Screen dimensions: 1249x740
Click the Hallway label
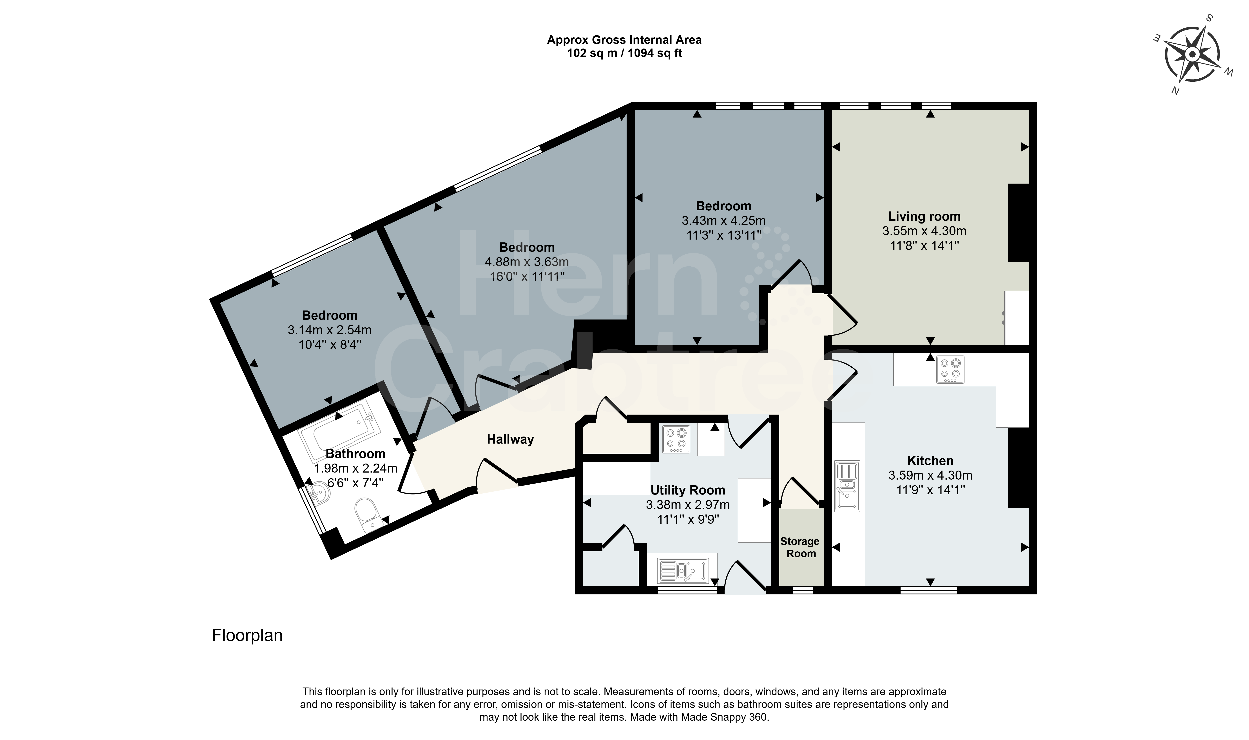[x=510, y=439]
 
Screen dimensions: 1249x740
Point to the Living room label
[x=924, y=217]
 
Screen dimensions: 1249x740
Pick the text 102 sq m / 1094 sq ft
[x=624, y=53]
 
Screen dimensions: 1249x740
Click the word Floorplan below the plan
[x=247, y=635]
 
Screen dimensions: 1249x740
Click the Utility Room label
[x=688, y=490]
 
